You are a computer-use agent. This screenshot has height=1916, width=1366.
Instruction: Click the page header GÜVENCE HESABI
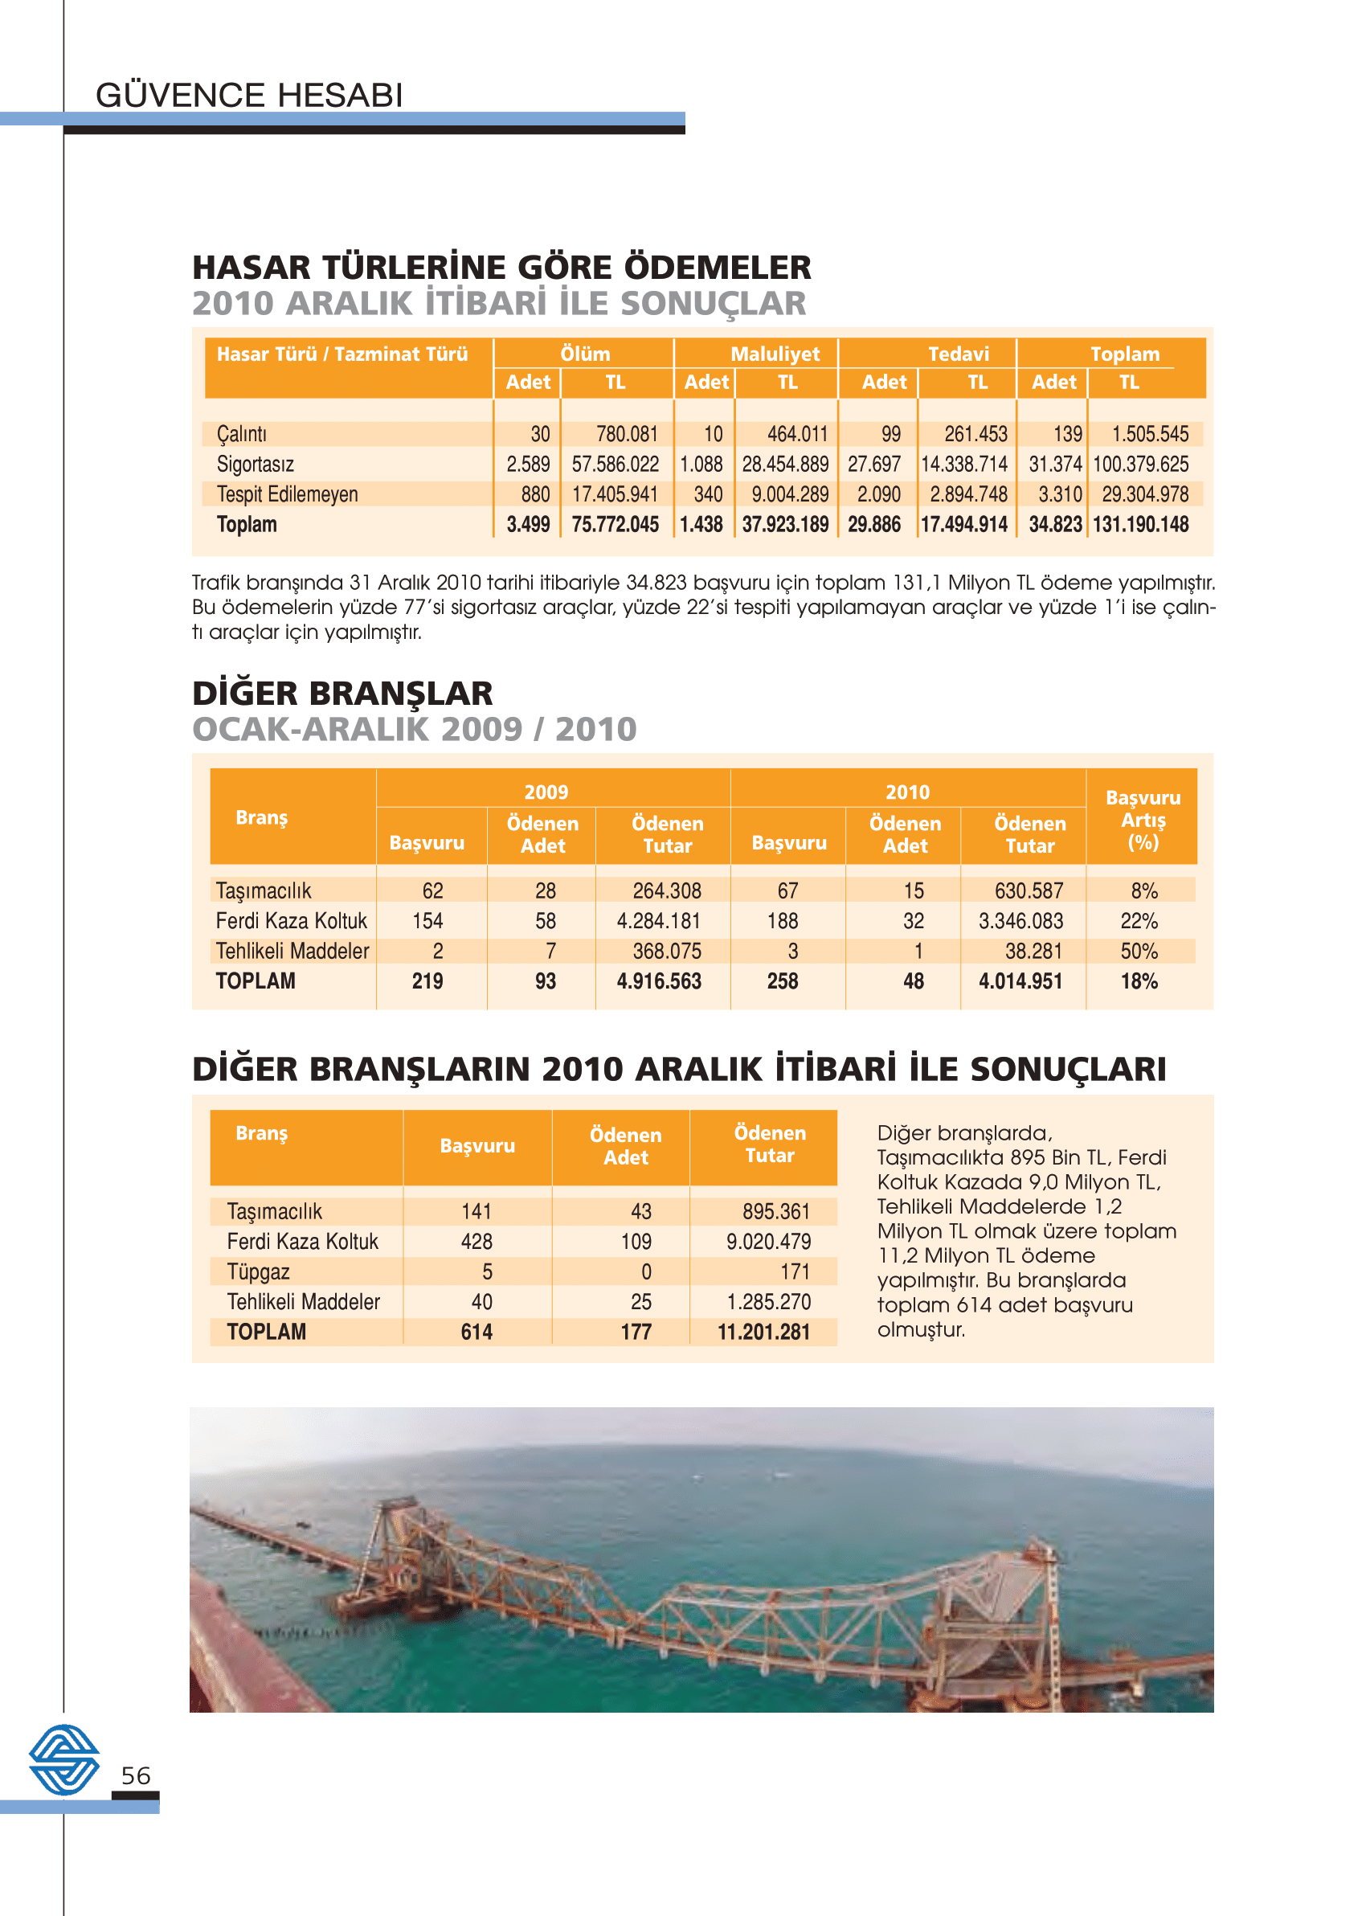[249, 95]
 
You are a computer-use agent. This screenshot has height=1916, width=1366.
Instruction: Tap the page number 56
[136, 1775]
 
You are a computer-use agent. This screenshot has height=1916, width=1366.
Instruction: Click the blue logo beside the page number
[64, 1759]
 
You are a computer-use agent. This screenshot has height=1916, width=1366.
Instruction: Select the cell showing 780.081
[627, 434]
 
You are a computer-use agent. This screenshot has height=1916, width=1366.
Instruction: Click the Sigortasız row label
[255, 465]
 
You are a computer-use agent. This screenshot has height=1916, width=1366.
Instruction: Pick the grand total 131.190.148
[1140, 525]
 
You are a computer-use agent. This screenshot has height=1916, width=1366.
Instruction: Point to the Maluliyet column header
[775, 354]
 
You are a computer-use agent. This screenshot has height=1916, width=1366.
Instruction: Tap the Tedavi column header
[958, 354]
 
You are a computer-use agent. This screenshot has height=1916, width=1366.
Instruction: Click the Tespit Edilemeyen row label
[287, 494]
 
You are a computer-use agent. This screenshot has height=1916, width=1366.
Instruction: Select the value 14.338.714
[964, 465]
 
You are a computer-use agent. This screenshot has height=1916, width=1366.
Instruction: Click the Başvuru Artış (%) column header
[1143, 819]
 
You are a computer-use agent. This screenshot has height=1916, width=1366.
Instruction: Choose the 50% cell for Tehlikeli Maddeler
[1139, 952]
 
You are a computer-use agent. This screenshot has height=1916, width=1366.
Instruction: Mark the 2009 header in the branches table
[546, 792]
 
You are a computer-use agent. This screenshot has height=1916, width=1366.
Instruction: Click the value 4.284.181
[659, 921]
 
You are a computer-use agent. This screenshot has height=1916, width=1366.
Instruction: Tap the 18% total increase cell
[1139, 981]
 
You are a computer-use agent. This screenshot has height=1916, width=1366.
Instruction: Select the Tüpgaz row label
[258, 1271]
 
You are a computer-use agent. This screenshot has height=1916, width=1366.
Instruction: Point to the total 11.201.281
[763, 1333]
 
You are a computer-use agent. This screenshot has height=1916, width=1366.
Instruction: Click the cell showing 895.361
[775, 1211]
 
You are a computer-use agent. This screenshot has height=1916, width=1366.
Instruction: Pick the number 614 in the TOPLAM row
[476, 1333]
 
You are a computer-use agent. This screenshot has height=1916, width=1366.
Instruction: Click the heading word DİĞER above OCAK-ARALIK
[245, 694]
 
